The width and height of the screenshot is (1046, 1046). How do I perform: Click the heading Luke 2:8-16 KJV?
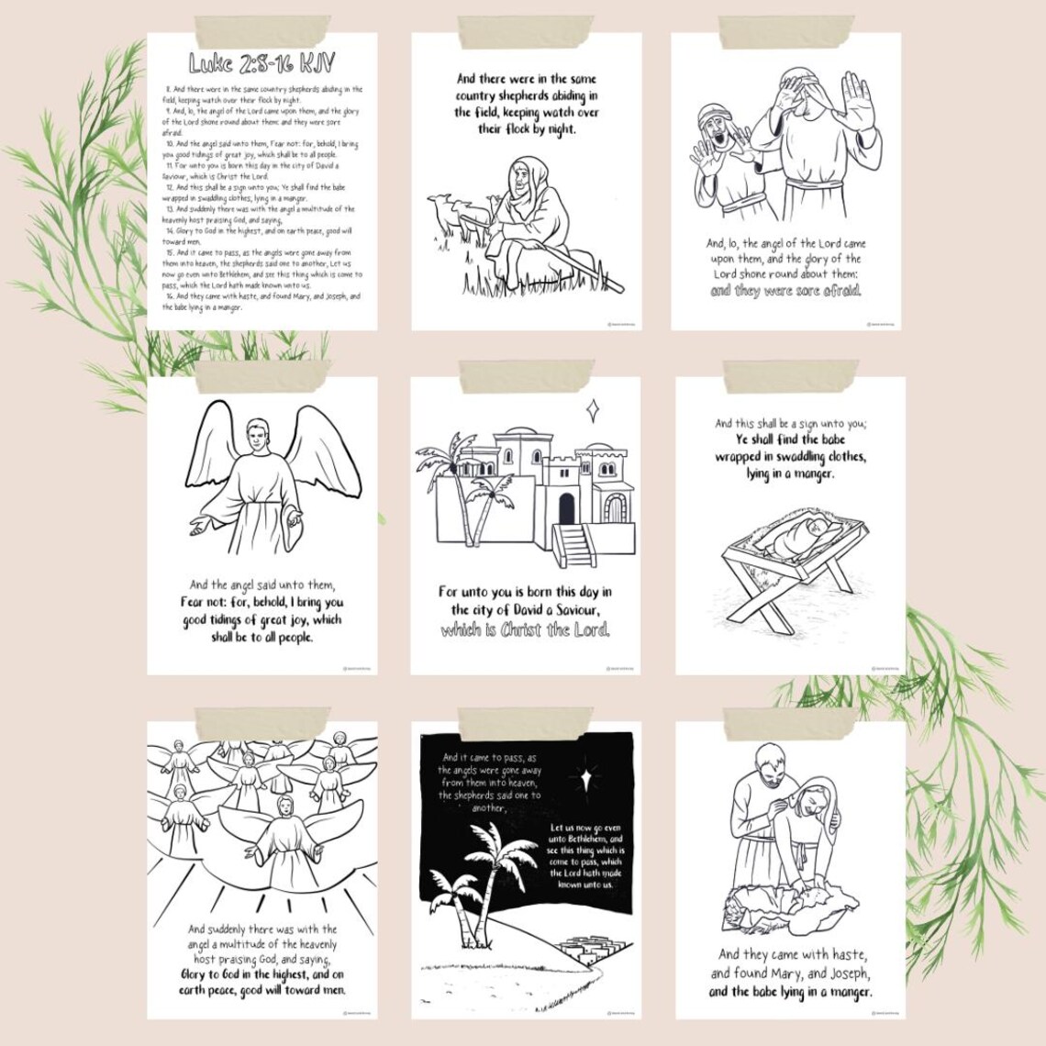tap(261, 63)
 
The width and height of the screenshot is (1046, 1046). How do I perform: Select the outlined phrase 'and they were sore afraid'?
tap(785, 291)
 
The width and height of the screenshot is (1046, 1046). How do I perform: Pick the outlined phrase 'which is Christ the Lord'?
tap(525, 630)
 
